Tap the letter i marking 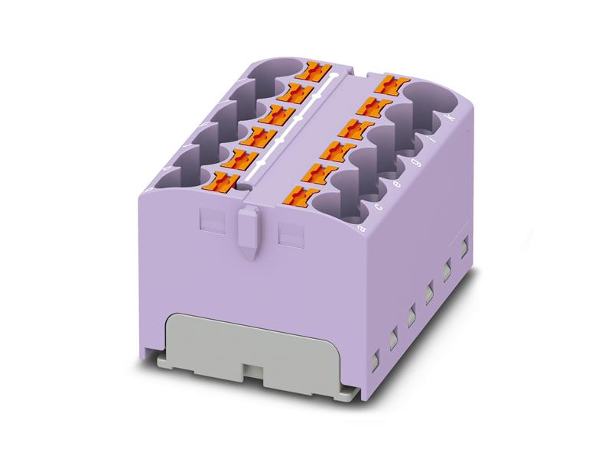pos(433,142)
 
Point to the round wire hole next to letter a pos(336,202)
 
